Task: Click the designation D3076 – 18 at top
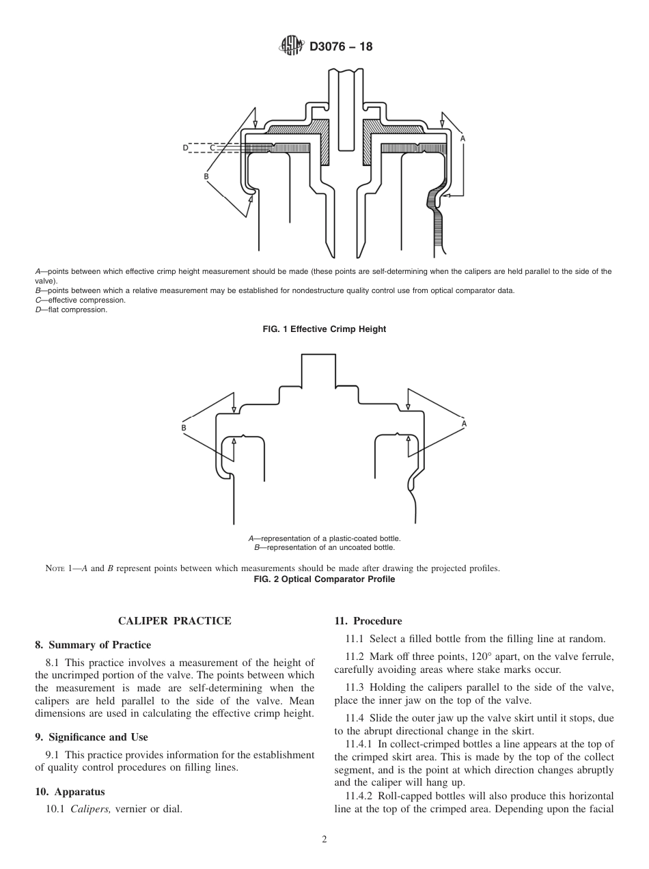click(x=341, y=47)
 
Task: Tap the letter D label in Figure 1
click(x=185, y=148)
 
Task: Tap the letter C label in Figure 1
click(x=212, y=148)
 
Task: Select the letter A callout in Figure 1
click(x=462, y=139)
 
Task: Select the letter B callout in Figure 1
click(x=206, y=176)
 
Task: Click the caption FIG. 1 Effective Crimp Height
click(x=324, y=329)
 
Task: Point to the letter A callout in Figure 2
click(x=465, y=424)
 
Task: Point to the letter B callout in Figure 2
click(x=184, y=428)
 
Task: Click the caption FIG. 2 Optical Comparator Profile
click(x=324, y=579)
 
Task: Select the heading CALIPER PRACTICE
click(x=175, y=621)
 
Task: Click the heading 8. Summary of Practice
click(x=93, y=645)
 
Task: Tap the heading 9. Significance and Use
click(x=92, y=737)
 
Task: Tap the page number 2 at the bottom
click(x=324, y=840)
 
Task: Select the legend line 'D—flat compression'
click(x=72, y=310)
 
